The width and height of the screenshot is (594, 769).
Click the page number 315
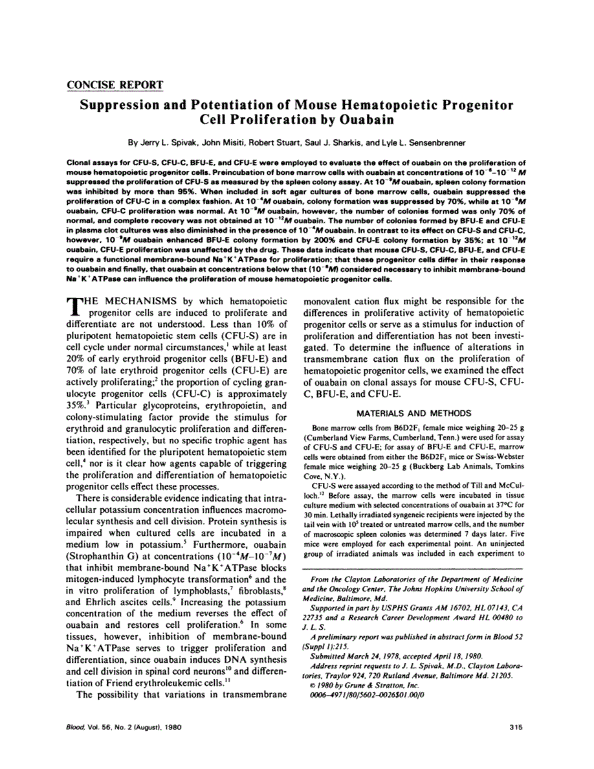coord(516,727)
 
